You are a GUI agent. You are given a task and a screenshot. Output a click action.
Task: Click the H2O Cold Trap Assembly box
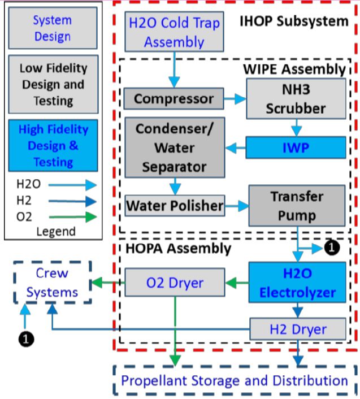pos(174,32)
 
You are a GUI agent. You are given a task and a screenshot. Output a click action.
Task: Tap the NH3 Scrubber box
pos(296,98)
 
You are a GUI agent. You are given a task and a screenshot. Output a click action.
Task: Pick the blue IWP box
pos(296,148)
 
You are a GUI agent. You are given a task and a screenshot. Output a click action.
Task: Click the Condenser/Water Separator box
pos(174,149)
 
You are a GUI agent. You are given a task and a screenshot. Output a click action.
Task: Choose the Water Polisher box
pos(174,205)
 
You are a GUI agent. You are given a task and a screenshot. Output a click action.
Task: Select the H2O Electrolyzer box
pos(297,283)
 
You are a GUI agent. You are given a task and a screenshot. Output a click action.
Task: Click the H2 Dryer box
pos(297,329)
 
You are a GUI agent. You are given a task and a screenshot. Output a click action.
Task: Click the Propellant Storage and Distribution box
pos(235,380)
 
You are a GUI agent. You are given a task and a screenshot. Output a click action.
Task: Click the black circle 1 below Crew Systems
pos(25,339)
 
